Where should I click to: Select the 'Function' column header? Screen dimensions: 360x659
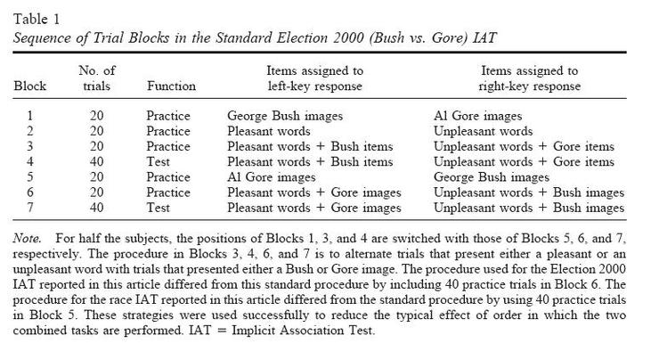[x=169, y=86]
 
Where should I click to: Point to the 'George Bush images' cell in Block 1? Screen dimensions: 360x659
[x=285, y=116]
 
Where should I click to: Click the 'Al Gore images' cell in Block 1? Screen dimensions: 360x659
[x=477, y=116]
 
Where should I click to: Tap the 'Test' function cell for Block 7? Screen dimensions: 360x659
[x=159, y=209]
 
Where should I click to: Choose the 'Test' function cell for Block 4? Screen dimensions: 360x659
[x=159, y=162]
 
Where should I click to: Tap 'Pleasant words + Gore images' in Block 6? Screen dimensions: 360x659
[x=313, y=192]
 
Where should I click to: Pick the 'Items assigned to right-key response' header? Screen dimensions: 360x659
[x=529, y=78]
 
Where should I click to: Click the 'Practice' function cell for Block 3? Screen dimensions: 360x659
[x=167, y=146]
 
